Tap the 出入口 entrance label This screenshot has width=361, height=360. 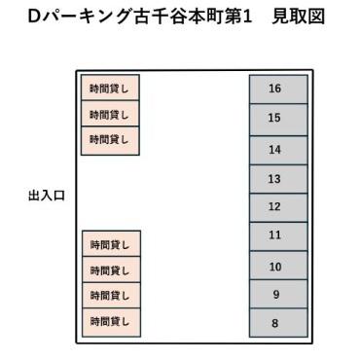coord(47,196)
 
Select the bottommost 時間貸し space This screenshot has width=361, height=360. coord(110,320)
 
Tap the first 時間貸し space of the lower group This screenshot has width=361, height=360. coord(110,243)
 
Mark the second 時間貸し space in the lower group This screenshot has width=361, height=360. coord(110,270)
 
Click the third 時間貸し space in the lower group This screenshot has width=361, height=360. coord(110,295)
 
